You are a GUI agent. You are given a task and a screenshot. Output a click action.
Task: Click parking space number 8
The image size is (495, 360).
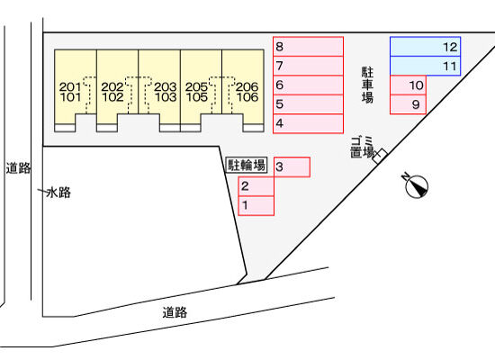coord(308,47)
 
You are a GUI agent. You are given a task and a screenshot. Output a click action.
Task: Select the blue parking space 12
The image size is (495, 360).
coord(425,47)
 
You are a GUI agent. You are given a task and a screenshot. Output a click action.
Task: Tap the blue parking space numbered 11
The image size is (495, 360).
coord(425,66)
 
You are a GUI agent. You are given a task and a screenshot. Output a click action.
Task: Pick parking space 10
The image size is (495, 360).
coord(409,85)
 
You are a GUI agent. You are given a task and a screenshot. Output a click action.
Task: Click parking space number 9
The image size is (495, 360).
coord(409,104)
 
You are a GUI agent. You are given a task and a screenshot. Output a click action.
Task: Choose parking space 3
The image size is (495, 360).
coord(292,167)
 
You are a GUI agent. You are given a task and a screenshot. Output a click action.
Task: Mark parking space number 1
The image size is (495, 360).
coord(256,206)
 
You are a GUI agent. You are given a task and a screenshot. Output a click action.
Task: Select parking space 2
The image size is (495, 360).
coord(256,186)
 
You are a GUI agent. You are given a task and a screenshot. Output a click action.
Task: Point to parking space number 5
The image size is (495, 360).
coord(308,104)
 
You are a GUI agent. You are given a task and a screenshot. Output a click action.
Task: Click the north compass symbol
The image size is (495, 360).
coord(416,185)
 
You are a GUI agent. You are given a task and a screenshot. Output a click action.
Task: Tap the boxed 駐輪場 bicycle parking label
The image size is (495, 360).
coord(247,166)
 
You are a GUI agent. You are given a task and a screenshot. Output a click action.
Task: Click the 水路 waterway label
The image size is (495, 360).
coord(58,193)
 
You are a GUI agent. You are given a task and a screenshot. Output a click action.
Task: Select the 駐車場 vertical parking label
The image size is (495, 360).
coord(367,85)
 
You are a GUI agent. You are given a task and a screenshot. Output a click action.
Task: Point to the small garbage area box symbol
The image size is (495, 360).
coord(380,156)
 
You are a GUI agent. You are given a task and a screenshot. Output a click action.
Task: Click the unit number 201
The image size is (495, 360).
coord(70,86)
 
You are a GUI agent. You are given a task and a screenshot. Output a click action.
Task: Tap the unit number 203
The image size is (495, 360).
coord(165,86)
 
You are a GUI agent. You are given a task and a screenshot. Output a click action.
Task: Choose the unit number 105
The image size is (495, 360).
coord(197,97)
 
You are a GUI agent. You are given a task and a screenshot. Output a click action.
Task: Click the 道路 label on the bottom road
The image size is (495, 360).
coord(175,312)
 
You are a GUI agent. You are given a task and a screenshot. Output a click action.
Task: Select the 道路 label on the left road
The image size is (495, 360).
coord(18,168)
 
